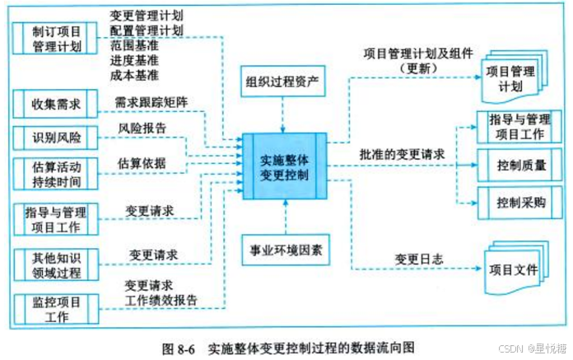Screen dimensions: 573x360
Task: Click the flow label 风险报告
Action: [141, 129]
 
